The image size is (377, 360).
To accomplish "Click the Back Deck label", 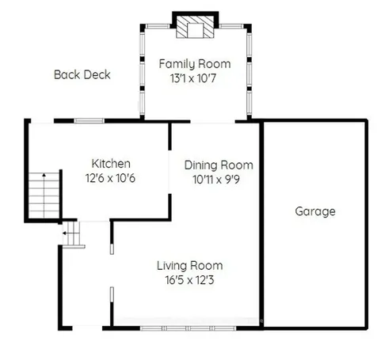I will [82, 75].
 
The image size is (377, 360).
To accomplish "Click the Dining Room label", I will [219, 165].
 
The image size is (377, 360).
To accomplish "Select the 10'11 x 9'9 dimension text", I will [219, 180].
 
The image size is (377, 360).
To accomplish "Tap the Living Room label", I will [189, 266].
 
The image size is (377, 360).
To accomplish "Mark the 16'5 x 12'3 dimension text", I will [189, 280].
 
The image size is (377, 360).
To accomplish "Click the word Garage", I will [315, 211].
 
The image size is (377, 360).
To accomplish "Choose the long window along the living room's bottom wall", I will [188, 327].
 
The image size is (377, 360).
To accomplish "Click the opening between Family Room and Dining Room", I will [203, 122].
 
